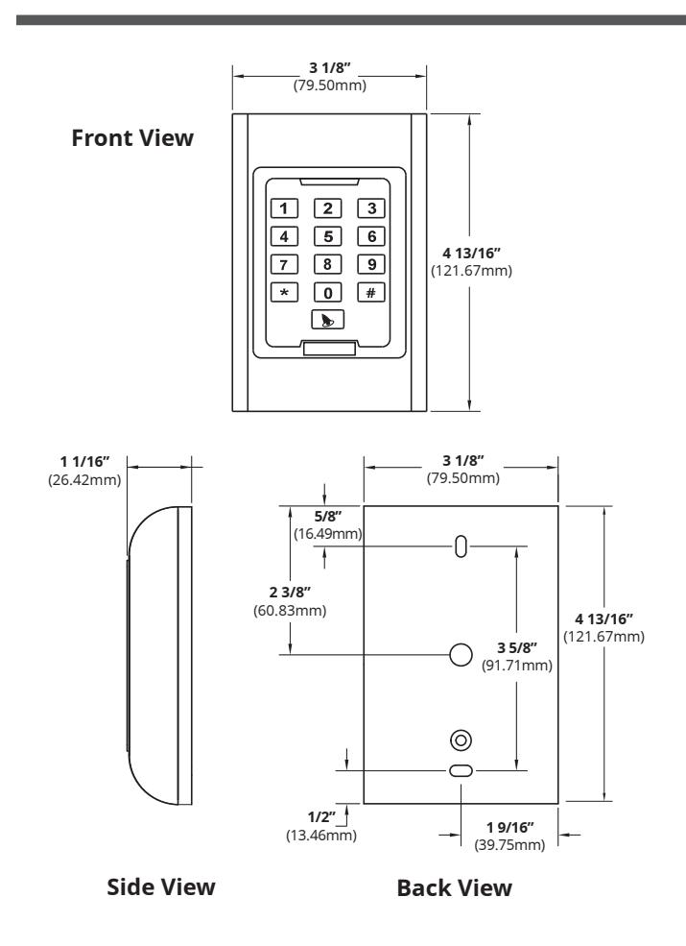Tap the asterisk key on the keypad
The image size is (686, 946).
pos(284,293)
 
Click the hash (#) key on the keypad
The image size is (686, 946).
pos(371,293)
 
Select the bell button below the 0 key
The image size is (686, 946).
pos(328,320)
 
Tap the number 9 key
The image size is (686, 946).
pos(371,264)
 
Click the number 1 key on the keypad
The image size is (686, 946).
pos(284,208)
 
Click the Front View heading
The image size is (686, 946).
pos(132,137)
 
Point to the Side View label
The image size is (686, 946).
pos(161,886)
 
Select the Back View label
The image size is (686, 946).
pos(455,888)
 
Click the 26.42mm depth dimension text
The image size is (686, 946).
pos(84,480)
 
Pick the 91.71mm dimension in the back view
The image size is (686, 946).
pos(517,666)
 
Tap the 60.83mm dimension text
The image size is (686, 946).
pos(290,611)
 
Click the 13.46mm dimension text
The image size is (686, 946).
pos(321,836)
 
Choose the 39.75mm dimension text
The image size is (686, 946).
pos(510,844)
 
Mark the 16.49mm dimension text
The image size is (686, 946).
pos(328,534)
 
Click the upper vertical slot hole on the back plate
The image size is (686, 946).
pos(461,546)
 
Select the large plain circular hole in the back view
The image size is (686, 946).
pos(461,655)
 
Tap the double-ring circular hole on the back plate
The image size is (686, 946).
pos(461,740)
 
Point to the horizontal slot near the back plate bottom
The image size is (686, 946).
pos(461,770)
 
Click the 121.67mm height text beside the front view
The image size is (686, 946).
pos(471,271)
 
